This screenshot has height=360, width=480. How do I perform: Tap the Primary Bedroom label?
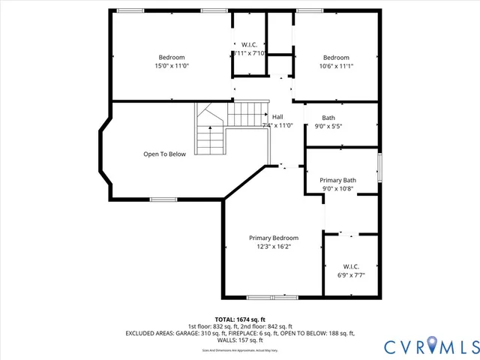pyautogui.click(x=273, y=238)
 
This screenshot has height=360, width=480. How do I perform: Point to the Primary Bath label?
pyautogui.click(x=337, y=180)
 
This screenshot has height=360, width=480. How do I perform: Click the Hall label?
pyautogui.click(x=277, y=117)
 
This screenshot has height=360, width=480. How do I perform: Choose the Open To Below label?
pyautogui.click(x=164, y=154)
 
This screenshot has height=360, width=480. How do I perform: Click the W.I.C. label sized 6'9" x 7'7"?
pyautogui.click(x=351, y=266)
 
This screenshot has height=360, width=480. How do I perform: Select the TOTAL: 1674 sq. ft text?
pyautogui.click(x=240, y=319)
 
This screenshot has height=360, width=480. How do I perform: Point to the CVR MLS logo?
pyautogui.click(x=431, y=346)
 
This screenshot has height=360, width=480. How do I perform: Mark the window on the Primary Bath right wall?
pyautogui.click(x=379, y=167)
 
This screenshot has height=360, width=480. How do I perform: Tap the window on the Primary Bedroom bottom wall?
pyautogui.click(x=272, y=297)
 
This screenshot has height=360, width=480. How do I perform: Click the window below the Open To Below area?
pyautogui.click(x=163, y=199)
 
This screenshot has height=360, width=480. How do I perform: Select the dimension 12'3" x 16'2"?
pyautogui.click(x=273, y=246)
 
